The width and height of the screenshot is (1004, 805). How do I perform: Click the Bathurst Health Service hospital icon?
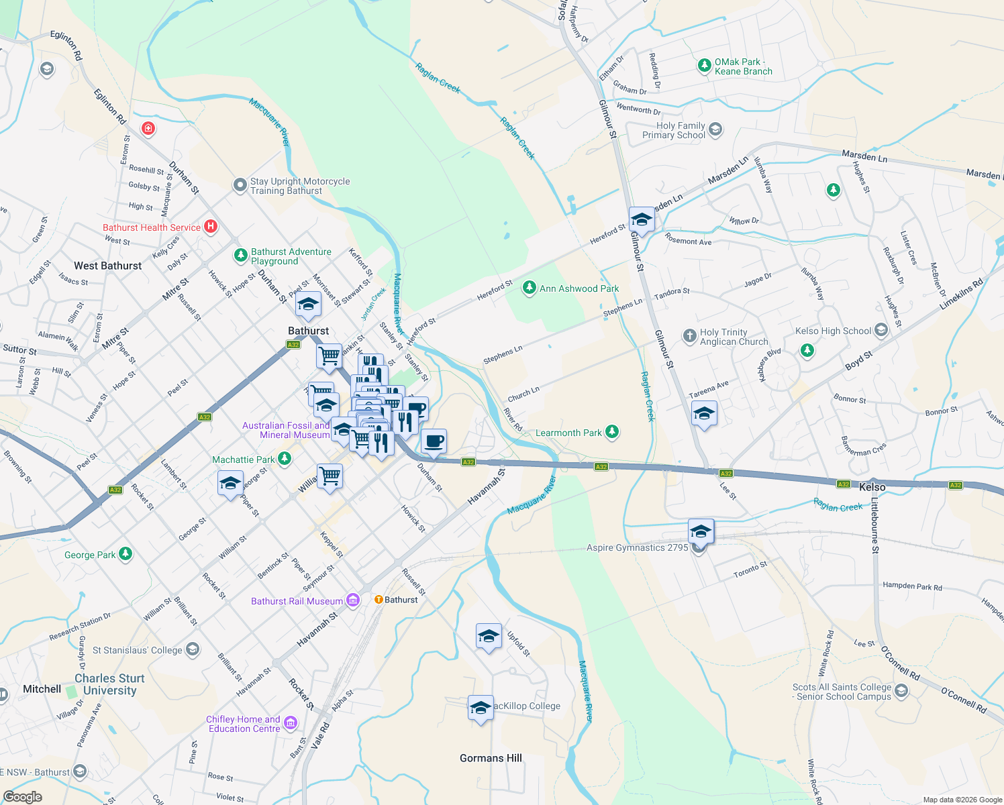point(211,227)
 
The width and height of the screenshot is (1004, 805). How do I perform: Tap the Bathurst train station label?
point(401,600)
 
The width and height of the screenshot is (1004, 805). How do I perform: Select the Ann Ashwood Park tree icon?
point(530,288)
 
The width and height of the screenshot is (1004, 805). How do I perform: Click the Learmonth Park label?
point(568,433)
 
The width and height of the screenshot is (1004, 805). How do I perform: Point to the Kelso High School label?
point(833,331)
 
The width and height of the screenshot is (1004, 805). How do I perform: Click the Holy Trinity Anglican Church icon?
point(689,336)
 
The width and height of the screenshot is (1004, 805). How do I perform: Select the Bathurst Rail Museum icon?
point(353,601)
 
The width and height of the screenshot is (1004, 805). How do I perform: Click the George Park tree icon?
point(125,554)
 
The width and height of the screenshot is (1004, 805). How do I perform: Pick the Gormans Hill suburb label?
point(491,758)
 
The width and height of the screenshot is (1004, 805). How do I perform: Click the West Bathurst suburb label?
point(108,266)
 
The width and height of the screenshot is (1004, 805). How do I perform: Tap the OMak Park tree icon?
point(704,66)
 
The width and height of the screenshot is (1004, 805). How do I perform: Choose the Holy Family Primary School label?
point(674,130)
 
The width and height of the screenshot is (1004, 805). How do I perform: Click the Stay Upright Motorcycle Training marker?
point(240,185)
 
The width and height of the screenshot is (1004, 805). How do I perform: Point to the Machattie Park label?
point(244,460)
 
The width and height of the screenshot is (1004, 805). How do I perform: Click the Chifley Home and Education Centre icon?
point(291,723)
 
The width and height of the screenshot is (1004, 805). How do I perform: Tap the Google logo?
point(23,797)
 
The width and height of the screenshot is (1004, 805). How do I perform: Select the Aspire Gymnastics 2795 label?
point(637,547)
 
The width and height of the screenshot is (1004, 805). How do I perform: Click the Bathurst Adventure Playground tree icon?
point(240,256)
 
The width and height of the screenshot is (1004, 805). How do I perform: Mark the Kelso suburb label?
point(872,487)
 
